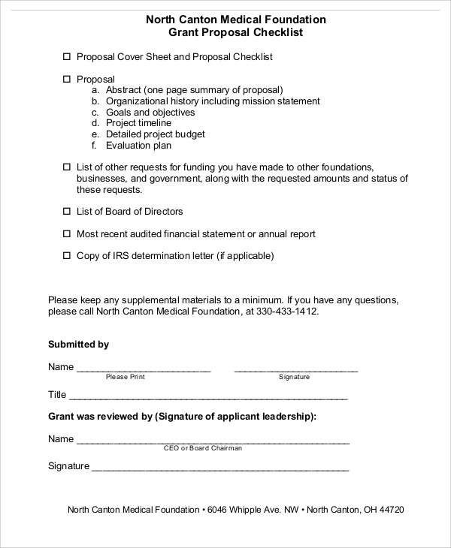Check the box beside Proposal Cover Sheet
pos(66,57)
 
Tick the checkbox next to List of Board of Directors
pos(66,212)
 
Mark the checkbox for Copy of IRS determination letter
pos(66,256)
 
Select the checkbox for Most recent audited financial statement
pos(66,234)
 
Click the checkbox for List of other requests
pos(66,167)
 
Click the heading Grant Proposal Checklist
pos(235,33)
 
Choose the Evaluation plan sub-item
pos(138,146)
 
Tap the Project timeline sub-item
pos(138,123)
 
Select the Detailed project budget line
pos(155,134)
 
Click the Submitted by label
pos(79,345)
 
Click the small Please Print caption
pos(125,377)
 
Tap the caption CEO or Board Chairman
pos(203,448)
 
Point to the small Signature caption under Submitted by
pos(295,377)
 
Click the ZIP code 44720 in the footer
pos(391,510)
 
